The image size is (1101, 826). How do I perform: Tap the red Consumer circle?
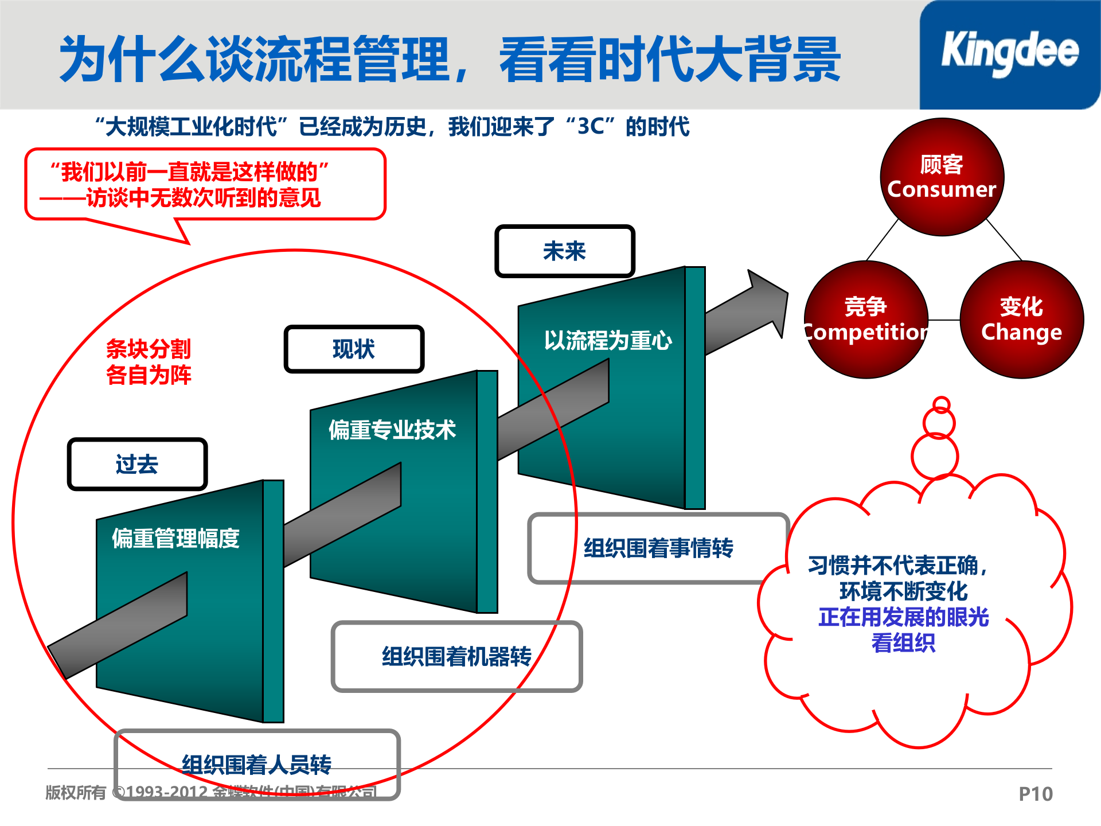point(942,177)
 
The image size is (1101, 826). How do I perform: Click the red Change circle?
point(1021,320)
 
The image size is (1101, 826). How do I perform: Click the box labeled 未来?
point(564,251)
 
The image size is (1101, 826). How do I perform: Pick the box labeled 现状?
point(353,349)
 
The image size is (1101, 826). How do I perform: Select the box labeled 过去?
point(136,464)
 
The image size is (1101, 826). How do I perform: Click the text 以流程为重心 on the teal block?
point(607,341)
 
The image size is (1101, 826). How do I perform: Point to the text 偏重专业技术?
point(392,430)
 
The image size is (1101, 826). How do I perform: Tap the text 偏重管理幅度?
point(175,538)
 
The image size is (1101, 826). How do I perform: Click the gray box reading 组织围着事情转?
point(658,548)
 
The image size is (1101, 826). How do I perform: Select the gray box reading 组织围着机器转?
point(456,656)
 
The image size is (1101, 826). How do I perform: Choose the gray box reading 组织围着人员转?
point(256,764)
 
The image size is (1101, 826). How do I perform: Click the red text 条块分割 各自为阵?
point(149,361)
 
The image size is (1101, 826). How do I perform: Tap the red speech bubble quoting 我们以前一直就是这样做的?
point(205,184)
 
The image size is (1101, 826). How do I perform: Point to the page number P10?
point(1035,794)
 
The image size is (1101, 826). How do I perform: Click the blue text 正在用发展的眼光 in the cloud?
point(903,617)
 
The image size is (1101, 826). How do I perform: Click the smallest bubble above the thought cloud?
point(941,404)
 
